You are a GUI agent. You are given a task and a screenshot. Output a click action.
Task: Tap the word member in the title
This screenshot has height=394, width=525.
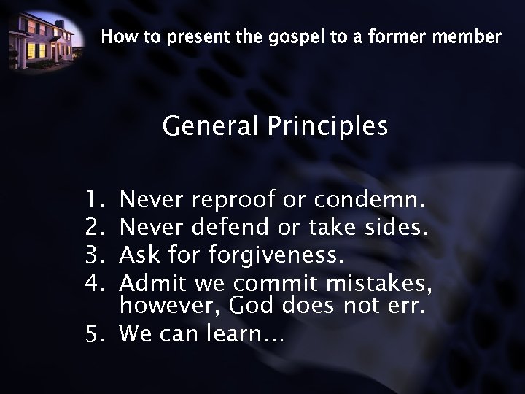pos(467,36)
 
